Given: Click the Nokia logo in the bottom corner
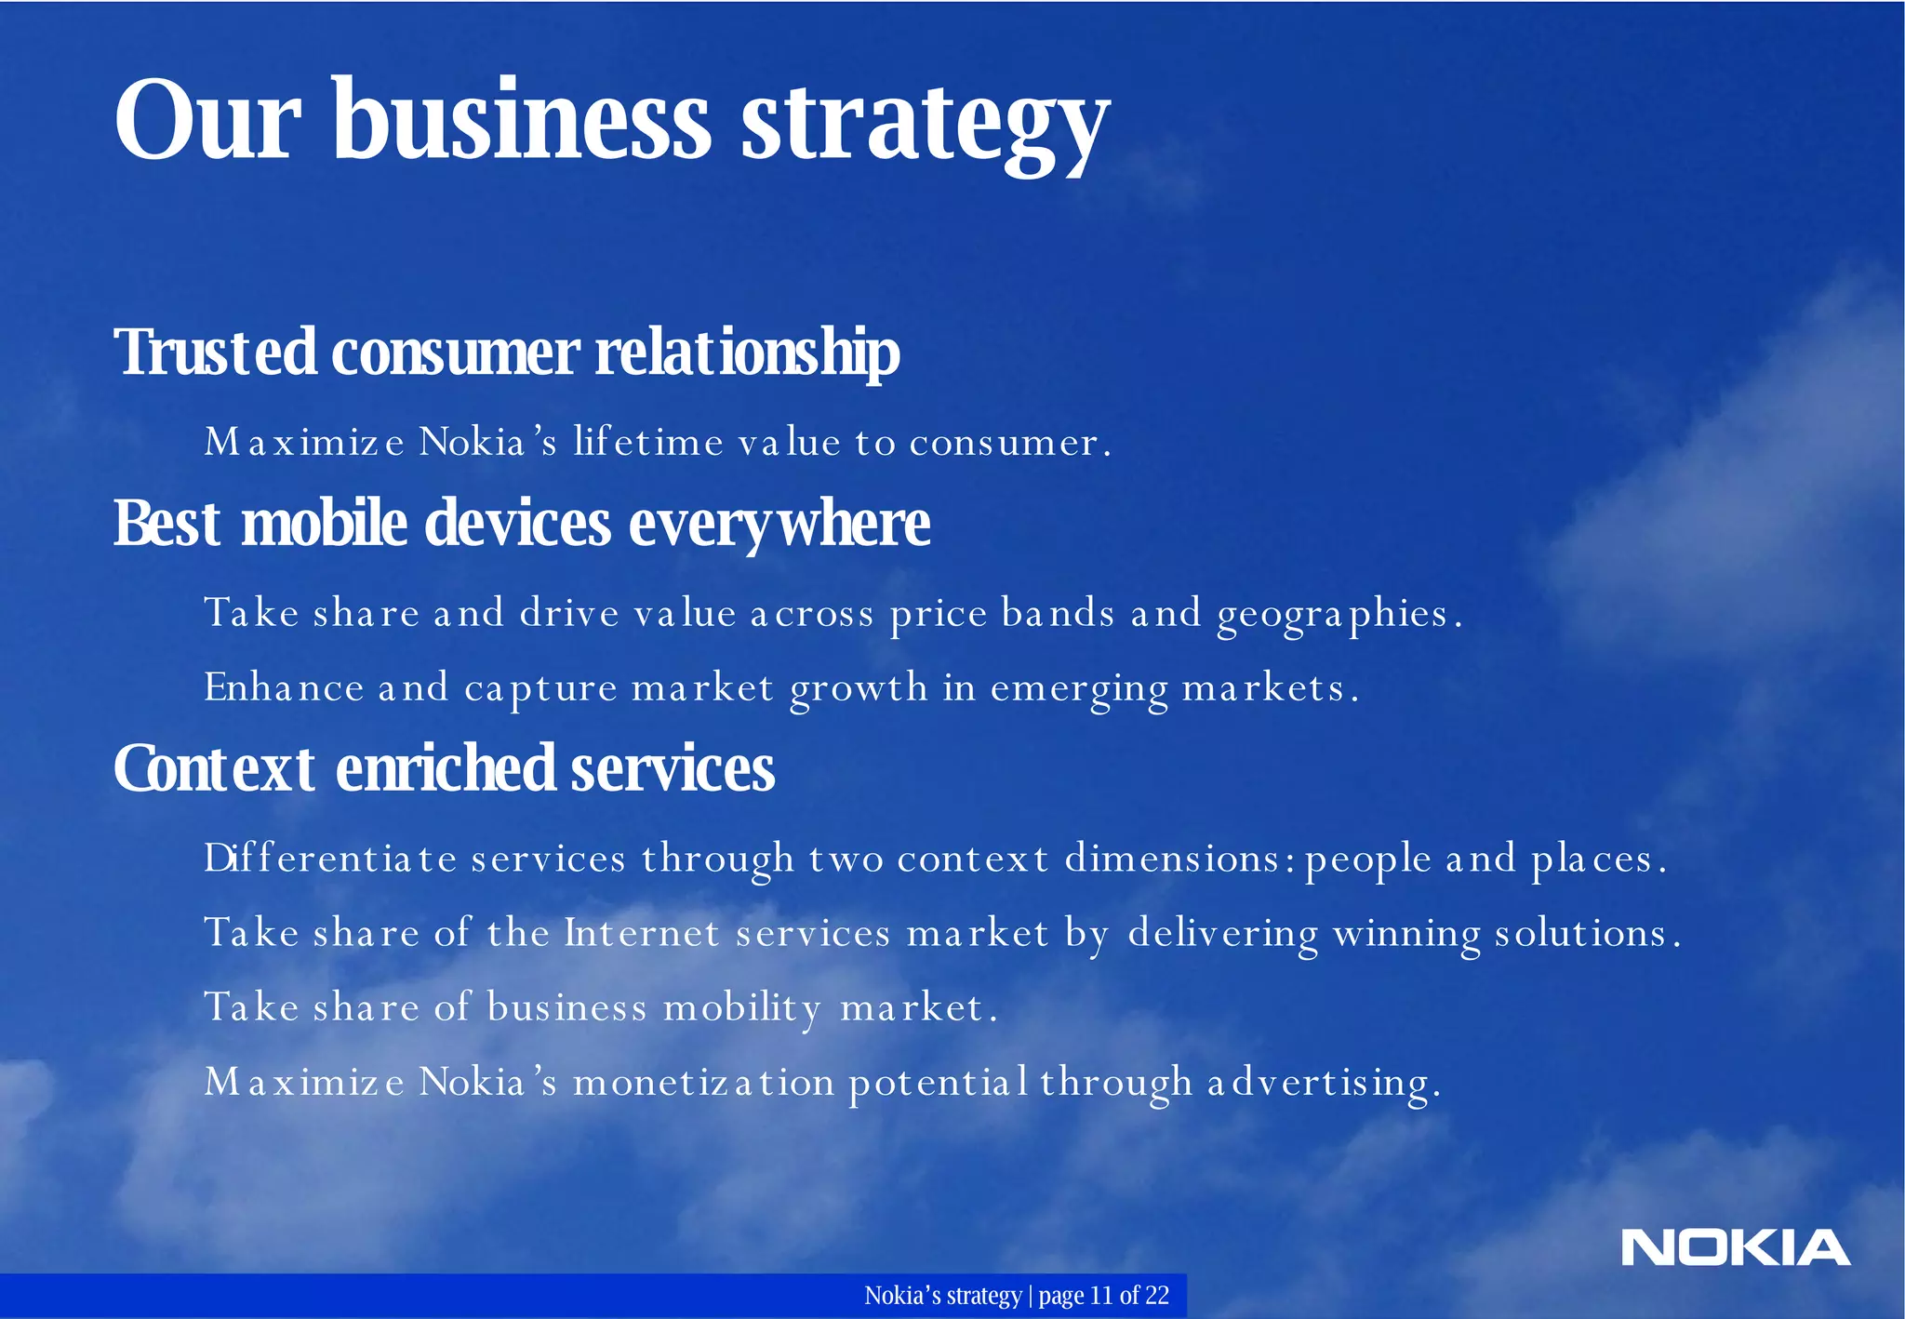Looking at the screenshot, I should (x=1735, y=1247).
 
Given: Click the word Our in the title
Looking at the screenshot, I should (x=207, y=121).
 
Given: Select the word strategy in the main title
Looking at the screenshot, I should (x=925, y=126).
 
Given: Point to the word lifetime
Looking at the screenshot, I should (x=648, y=441).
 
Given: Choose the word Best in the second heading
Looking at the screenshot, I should (x=167, y=523).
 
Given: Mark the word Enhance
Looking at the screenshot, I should (x=284, y=687).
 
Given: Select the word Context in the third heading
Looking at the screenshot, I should (x=215, y=769).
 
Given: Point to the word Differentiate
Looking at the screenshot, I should (x=329, y=858).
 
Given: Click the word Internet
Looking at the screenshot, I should (x=642, y=932).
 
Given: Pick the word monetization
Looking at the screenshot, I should (x=703, y=1082).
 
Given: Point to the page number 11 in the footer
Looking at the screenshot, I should (x=1101, y=1295).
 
